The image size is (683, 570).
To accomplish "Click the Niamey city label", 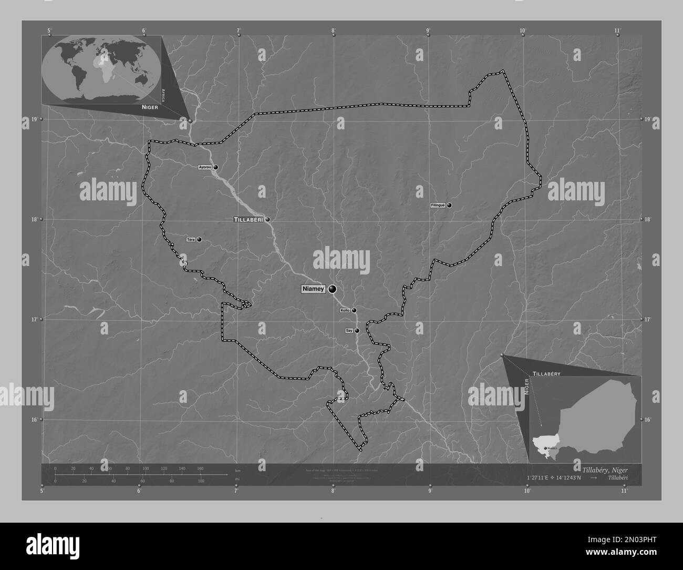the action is point(314,289).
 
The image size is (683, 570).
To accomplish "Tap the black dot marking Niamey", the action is point(333,289).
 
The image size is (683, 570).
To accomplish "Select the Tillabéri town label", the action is point(249,219).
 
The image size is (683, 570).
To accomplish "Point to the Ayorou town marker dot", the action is point(215,167).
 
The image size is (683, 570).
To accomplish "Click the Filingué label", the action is point(438,205).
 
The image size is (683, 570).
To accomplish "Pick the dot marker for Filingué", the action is point(450,205).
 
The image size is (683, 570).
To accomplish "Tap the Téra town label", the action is point(191,239).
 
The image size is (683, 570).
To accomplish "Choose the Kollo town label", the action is point(345,310).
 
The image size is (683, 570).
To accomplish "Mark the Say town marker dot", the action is point(357,331).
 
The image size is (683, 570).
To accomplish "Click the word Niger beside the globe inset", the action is point(149,106).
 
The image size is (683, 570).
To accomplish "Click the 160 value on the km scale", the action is point(200,468).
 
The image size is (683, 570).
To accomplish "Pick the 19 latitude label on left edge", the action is point(34,119).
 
